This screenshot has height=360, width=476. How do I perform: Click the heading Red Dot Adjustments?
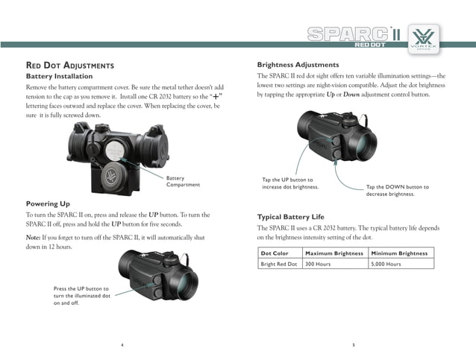70,66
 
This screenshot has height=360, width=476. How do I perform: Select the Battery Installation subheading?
60,76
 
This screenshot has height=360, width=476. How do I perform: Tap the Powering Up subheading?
48,203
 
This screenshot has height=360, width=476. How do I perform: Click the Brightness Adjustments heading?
298,65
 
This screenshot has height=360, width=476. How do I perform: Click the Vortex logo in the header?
426,37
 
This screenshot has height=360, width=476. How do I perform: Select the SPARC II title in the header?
354,35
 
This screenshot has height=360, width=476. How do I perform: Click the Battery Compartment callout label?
183,181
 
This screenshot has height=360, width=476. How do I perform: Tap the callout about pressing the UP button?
81,296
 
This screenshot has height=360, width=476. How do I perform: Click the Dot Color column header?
274,253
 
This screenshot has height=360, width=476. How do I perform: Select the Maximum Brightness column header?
334,253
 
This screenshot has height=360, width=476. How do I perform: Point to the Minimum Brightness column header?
399,253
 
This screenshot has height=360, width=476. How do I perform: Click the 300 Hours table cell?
318,264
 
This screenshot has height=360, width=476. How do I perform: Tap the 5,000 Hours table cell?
386,264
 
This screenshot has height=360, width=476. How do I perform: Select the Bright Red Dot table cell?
278,264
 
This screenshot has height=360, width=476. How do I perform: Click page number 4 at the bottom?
122,344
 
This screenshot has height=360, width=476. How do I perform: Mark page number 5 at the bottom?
354,344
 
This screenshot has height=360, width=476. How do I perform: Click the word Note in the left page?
34,237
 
